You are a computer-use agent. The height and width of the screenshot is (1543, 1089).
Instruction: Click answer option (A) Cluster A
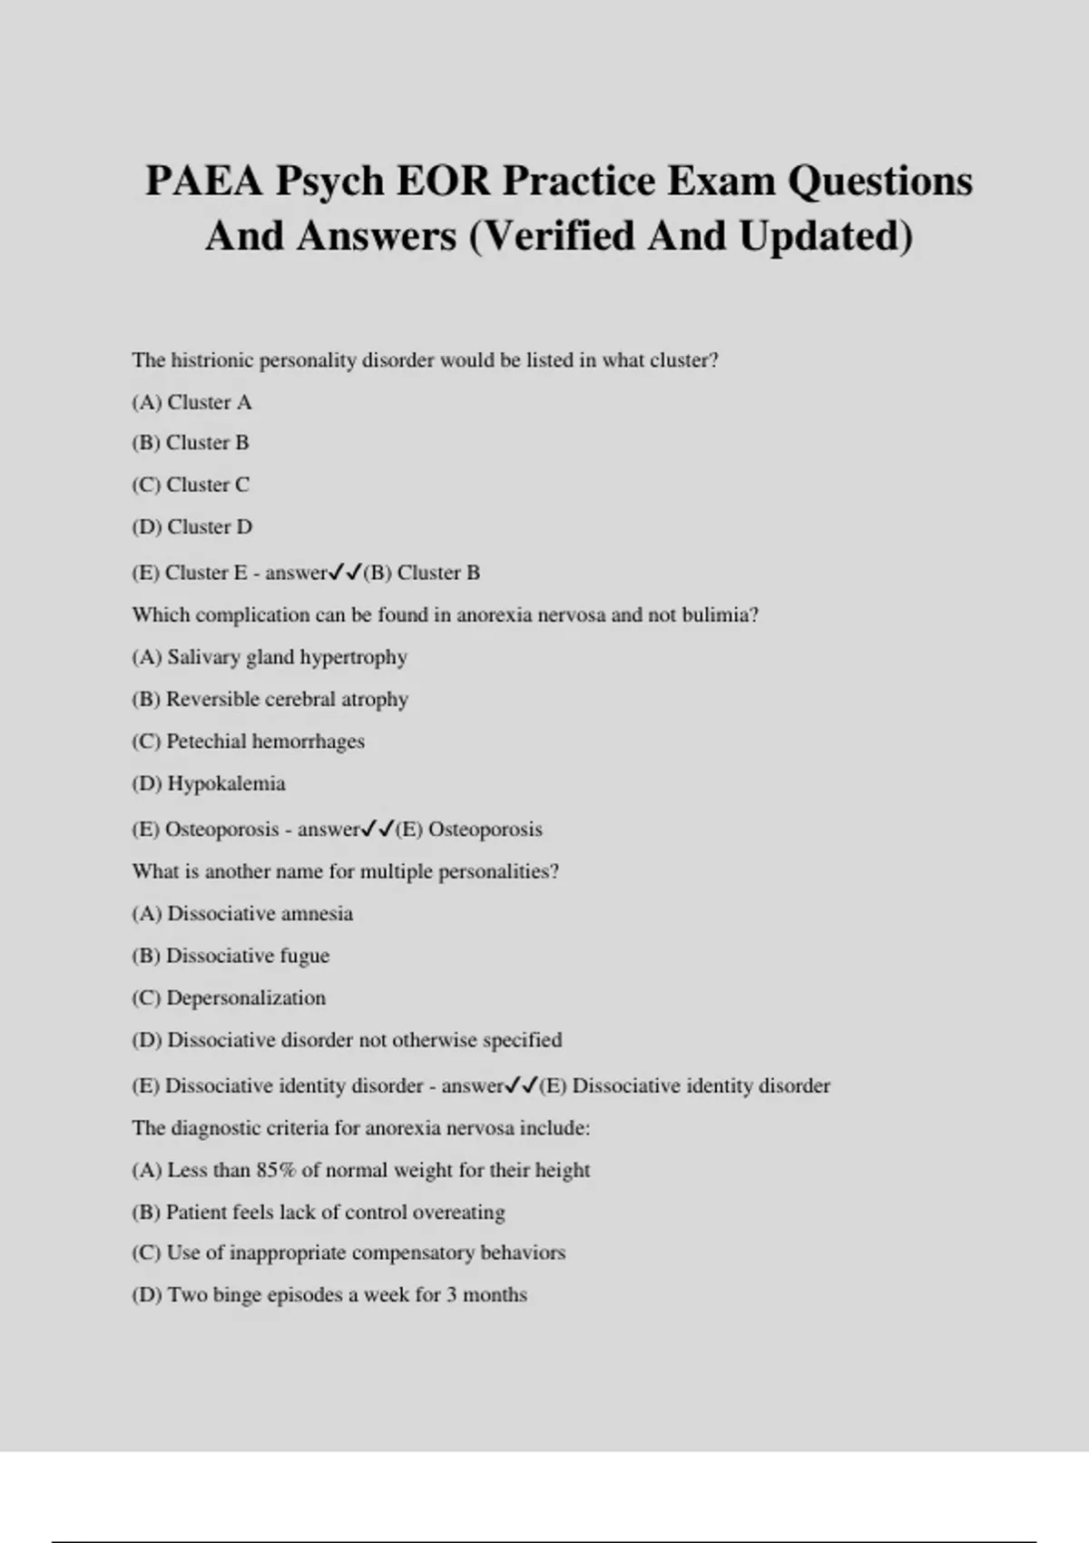click(191, 402)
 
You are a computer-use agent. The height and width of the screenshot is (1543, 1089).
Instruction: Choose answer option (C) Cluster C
click(191, 485)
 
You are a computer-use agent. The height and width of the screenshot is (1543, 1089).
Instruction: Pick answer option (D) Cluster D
click(191, 526)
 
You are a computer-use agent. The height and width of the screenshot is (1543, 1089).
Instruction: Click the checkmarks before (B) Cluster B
click(345, 573)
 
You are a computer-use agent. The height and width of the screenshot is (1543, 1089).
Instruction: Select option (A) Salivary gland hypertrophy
click(270, 657)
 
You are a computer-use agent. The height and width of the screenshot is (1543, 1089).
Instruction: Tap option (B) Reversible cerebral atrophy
click(270, 699)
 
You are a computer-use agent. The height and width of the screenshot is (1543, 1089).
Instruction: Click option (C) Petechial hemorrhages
click(248, 742)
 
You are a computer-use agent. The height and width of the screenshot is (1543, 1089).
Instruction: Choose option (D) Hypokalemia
click(209, 783)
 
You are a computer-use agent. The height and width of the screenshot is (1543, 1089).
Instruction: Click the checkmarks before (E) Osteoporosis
click(378, 829)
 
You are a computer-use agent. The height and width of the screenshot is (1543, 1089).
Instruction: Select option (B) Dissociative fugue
click(231, 956)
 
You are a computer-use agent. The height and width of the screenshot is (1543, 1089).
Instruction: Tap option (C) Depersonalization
click(229, 998)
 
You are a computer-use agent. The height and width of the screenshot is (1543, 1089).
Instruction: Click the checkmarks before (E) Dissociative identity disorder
click(522, 1086)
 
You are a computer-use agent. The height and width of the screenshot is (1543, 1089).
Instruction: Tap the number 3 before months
click(451, 1295)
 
